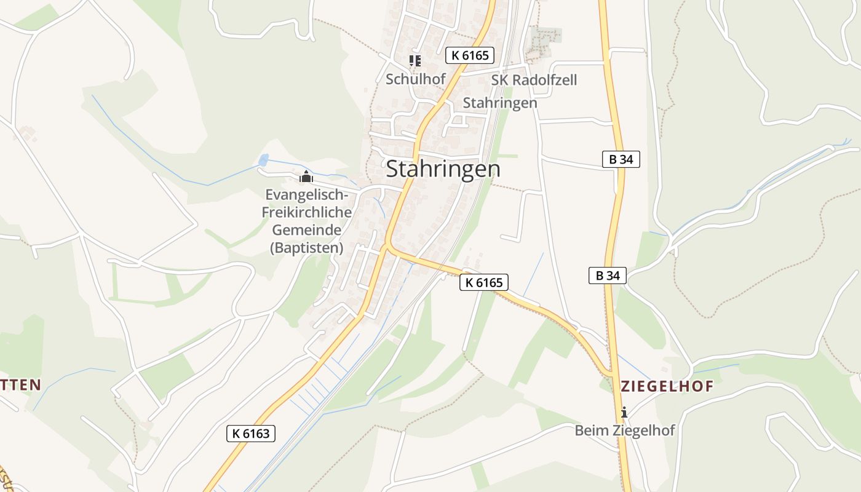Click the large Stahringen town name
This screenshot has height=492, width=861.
(443, 169)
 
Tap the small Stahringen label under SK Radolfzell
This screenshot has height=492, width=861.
(499, 103)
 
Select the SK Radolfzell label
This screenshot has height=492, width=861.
(534, 80)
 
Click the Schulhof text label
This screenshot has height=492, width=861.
(415, 79)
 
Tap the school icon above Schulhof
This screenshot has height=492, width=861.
(415, 60)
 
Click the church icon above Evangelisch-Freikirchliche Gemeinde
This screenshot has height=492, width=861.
(306, 177)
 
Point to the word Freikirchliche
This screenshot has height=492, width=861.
(307, 213)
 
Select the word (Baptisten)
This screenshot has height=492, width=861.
(307, 248)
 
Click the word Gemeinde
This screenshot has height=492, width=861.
(307, 230)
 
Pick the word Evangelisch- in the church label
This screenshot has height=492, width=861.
(307, 195)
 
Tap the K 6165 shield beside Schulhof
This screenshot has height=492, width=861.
(470, 55)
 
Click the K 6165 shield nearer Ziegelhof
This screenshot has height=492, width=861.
(484, 283)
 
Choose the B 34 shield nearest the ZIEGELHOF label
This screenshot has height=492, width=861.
(608, 276)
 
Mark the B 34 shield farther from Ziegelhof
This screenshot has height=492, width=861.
(621, 160)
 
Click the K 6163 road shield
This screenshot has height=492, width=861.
(251, 434)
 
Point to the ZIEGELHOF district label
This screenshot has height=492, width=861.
(667, 386)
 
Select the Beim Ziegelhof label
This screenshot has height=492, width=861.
(624, 430)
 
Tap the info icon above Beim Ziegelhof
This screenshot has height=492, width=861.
(624, 412)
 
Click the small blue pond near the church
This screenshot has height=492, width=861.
(264, 160)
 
